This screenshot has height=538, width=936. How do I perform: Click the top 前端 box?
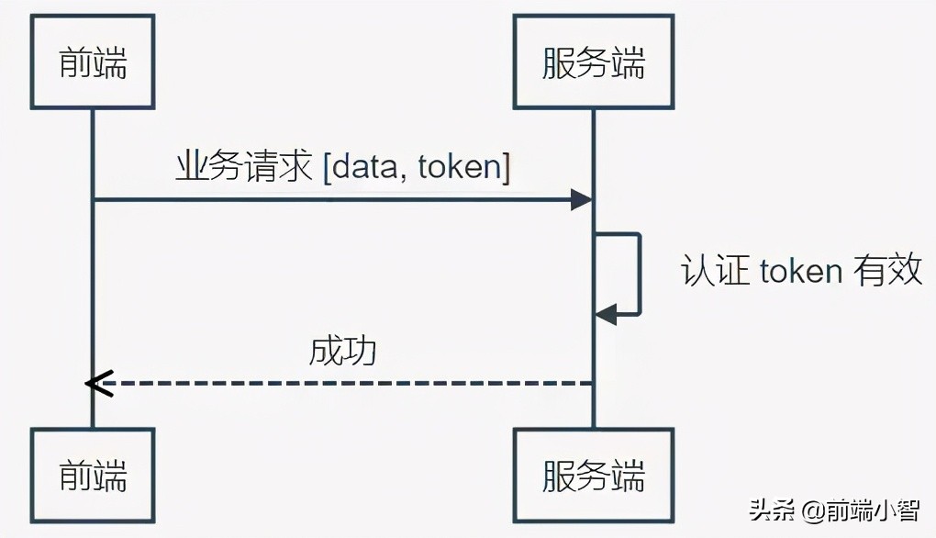[93, 62]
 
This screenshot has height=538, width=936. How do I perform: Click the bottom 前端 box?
[93, 475]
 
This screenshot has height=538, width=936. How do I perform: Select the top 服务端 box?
[593, 62]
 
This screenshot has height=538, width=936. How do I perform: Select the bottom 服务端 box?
[593, 475]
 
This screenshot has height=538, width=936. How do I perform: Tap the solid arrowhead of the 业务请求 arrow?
[581, 199]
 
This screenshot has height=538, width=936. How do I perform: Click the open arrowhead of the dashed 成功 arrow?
[97, 383]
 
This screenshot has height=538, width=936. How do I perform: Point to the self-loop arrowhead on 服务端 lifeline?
[605, 315]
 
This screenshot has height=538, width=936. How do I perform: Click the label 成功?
[343, 351]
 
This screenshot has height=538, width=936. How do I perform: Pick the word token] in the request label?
[463, 167]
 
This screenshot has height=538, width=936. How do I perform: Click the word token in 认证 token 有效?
[801, 271]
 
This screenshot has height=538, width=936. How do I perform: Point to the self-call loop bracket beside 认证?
[638, 274]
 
